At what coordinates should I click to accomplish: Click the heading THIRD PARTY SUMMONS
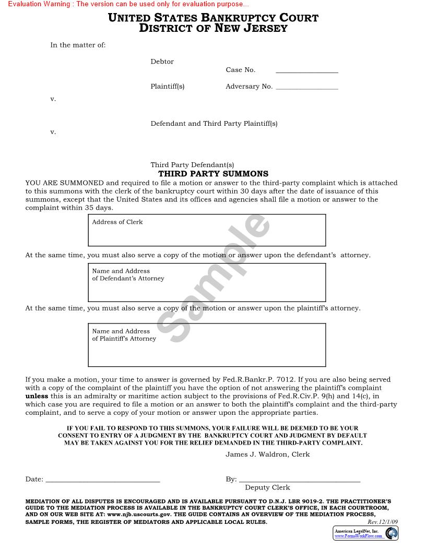(213, 174)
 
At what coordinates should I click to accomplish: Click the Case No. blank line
(306, 72)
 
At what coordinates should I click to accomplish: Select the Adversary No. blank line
(306, 89)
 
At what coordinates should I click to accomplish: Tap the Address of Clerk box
(207, 230)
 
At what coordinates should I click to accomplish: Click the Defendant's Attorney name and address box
(207, 282)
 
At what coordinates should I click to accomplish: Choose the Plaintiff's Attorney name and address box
(207, 345)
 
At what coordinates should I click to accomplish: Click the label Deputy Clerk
(267, 487)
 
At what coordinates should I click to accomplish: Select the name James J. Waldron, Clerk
(267, 454)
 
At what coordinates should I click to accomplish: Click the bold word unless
(37, 396)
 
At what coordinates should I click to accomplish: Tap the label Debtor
(162, 62)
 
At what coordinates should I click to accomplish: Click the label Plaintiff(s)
(167, 87)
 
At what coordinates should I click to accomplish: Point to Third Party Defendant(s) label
(192, 165)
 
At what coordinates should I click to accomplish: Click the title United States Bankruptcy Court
(213, 18)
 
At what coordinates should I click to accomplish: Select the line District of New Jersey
(213, 28)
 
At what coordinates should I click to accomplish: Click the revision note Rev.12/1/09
(382, 522)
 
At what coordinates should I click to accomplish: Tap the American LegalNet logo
(365, 533)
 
